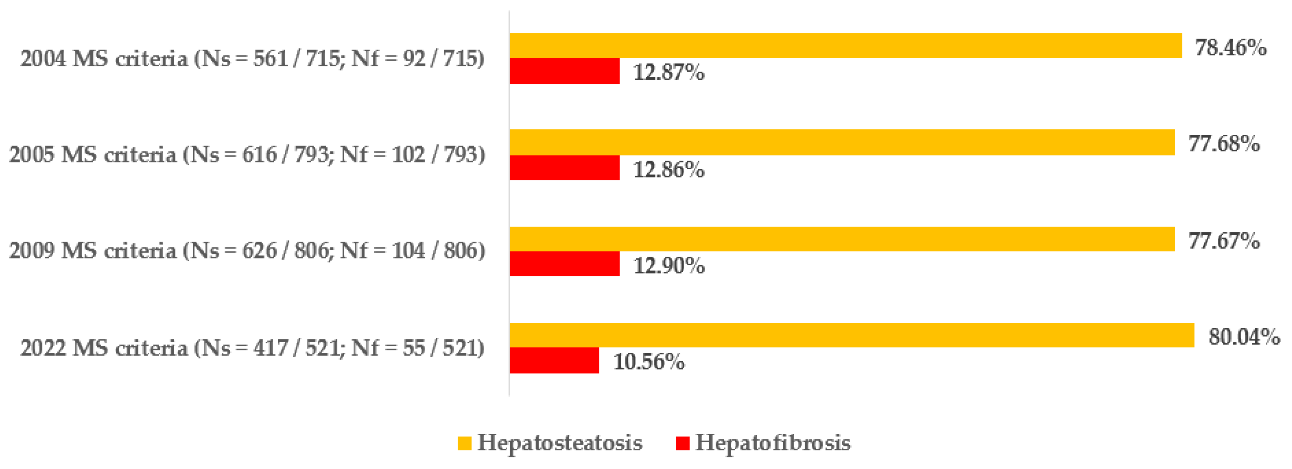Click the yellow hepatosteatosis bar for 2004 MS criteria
[x=845, y=46]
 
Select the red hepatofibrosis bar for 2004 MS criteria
[x=565, y=71]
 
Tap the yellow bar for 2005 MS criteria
[x=842, y=142]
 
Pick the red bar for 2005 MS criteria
[x=565, y=167]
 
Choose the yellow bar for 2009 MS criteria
[x=842, y=239]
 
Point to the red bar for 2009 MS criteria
[x=565, y=264]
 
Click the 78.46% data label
[x=1230, y=48]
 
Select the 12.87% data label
[x=668, y=73]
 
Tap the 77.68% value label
[x=1224, y=144]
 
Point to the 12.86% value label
[x=668, y=170]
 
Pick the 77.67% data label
[x=1224, y=241]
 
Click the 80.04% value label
[x=1244, y=337]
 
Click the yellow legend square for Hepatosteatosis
[x=464, y=443]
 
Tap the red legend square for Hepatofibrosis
[x=683, y=443]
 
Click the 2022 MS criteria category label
[x=252, y=348]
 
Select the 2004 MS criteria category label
[x=252, y=59]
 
